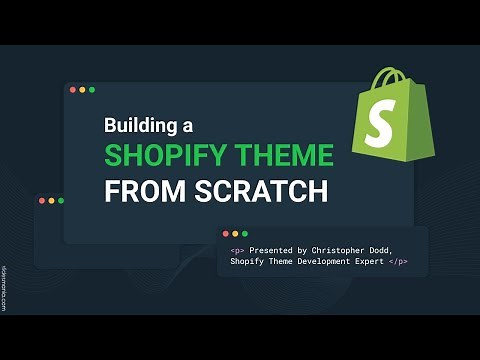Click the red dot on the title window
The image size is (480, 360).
(x=72, y=90)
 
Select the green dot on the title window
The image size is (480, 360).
(x=92, y=90)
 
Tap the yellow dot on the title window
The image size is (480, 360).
(x=82, y=90)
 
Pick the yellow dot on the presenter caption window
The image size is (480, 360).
(x=236, y=233)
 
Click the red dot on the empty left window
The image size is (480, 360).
(x=42, y=201)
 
